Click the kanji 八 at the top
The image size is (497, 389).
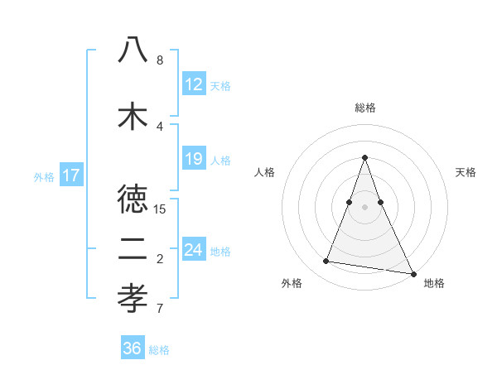(x=133, y=51)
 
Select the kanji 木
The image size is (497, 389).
(x=133, y=115)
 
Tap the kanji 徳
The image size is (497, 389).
(x=133, y=199)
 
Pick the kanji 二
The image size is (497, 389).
(x=133, y=249)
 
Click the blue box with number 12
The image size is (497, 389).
(x=194, y=84)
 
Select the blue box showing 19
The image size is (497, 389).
(x=194, y=159)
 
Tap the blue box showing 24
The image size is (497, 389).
(x=194, y=250)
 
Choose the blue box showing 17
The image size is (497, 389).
(x=71, y=175)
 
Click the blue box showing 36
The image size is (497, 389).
(x=133, y=348)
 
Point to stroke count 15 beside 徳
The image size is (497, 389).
(x=160, y=209)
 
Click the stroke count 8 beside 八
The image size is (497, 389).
(x=160, y=60)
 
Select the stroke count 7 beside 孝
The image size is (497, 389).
(x=160, y=310)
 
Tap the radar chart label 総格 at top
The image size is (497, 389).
(x=365, y=108)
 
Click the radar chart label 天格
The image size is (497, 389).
(x=466, y=172)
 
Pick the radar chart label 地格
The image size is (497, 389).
(x=434, y=283)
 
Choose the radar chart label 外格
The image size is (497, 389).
(x=292, y=283)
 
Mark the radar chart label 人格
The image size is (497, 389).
(x=265, y=172)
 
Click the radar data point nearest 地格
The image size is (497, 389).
(x=413, y=272)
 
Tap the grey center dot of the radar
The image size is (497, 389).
(x=365, y=207)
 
